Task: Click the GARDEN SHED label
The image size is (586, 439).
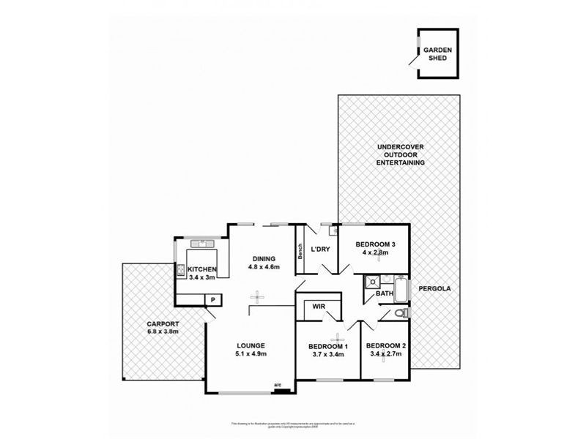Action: click(x=437, y=54)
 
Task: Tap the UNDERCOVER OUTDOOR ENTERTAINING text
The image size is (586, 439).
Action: click(x=400, y=154)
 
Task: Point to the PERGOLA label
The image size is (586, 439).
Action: click(x=434, y=288)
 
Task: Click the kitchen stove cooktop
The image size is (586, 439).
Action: click(x=179, y=270)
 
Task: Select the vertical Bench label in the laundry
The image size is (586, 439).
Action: click(x=300, y=252)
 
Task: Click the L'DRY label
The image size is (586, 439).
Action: click(x=321, y=249)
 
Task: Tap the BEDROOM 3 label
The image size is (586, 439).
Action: click(x=376, y=244)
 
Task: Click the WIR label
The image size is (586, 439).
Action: click(x=318, y=307)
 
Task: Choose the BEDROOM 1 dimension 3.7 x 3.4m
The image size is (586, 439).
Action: click(x=327, y=355)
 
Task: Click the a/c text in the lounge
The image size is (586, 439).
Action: click(x=278, y=385)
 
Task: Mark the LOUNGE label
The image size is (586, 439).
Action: click(x=250, y=345)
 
